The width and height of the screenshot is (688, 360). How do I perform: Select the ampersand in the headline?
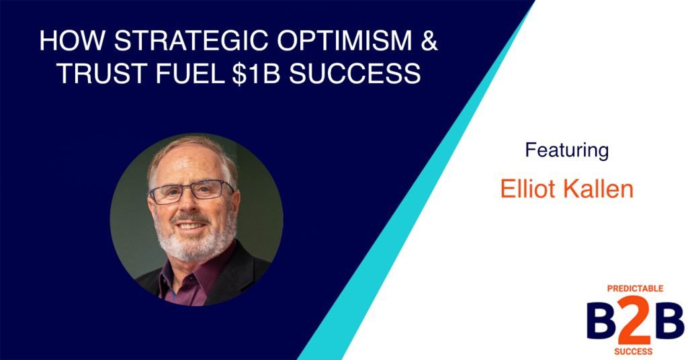coord(429,41)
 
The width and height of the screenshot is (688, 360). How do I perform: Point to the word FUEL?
coord(189,73)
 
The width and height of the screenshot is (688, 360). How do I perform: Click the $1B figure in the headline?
coord(259,73)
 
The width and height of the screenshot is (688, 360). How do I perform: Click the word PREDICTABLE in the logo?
coord(635,289)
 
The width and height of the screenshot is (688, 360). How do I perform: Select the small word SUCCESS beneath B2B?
coord(635,350)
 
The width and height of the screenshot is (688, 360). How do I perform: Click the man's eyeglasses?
coord(191,193)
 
